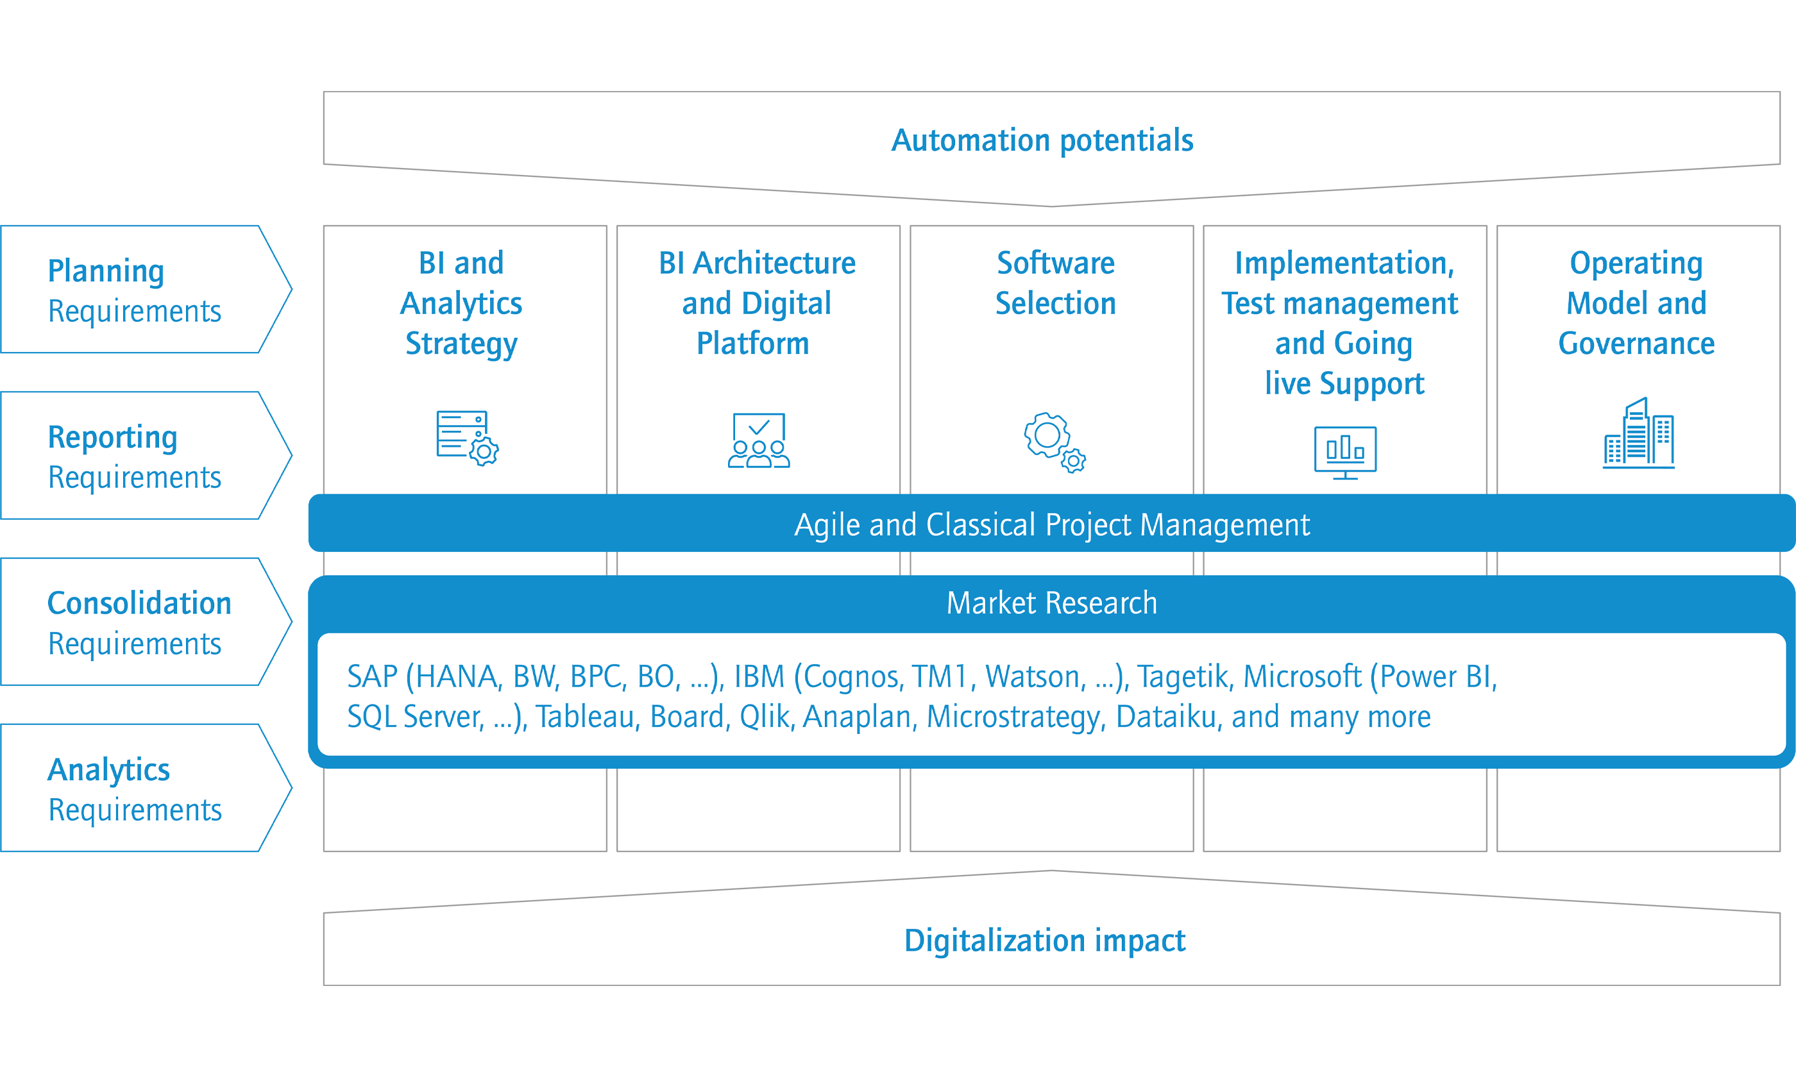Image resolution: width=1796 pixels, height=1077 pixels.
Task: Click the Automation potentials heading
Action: [1042, 140]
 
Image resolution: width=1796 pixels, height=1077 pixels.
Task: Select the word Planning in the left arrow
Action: [106, 271]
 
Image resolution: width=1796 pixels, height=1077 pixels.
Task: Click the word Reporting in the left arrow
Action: [112, 438]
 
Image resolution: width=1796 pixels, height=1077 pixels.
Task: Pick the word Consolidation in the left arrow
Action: [139, 603]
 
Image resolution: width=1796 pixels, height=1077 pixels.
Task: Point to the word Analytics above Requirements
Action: [109, 770]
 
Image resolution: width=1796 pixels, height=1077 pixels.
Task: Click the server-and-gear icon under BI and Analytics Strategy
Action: [468, 438]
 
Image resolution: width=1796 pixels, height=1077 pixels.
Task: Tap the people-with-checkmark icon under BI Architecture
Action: [759, 440]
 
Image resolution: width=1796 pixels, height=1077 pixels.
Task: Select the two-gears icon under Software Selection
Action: [1055, 443]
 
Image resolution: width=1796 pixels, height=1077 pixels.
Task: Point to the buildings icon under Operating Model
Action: [1638, 433]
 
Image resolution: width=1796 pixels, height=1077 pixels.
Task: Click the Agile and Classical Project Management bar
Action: [1052, 523]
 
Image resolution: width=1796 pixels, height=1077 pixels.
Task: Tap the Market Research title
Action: [1052, 603]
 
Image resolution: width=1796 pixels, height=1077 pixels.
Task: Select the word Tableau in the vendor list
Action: [585, 716]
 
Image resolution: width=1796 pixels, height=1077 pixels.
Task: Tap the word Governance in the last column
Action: [1636, 343]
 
